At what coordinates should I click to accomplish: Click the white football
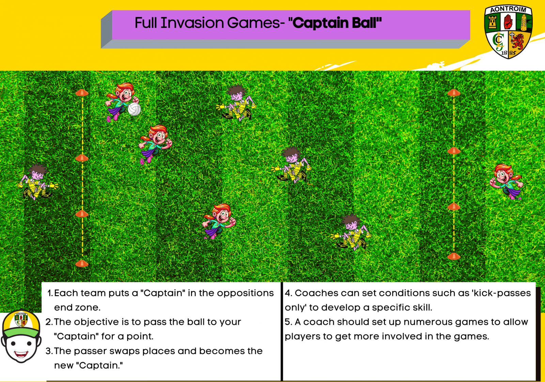click(134, 109)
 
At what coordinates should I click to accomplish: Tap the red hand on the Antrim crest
click(508, 22)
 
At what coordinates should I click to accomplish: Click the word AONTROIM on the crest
click(508, 9)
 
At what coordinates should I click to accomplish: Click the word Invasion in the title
click(192, 23)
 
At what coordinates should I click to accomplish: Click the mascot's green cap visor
click(21, 328)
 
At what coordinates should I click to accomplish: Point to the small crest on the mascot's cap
click(21, 320)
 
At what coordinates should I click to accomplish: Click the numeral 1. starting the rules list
click(50, 293)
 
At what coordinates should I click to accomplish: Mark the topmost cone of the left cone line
click(82, 92)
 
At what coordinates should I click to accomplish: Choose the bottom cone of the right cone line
click(454, 256)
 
